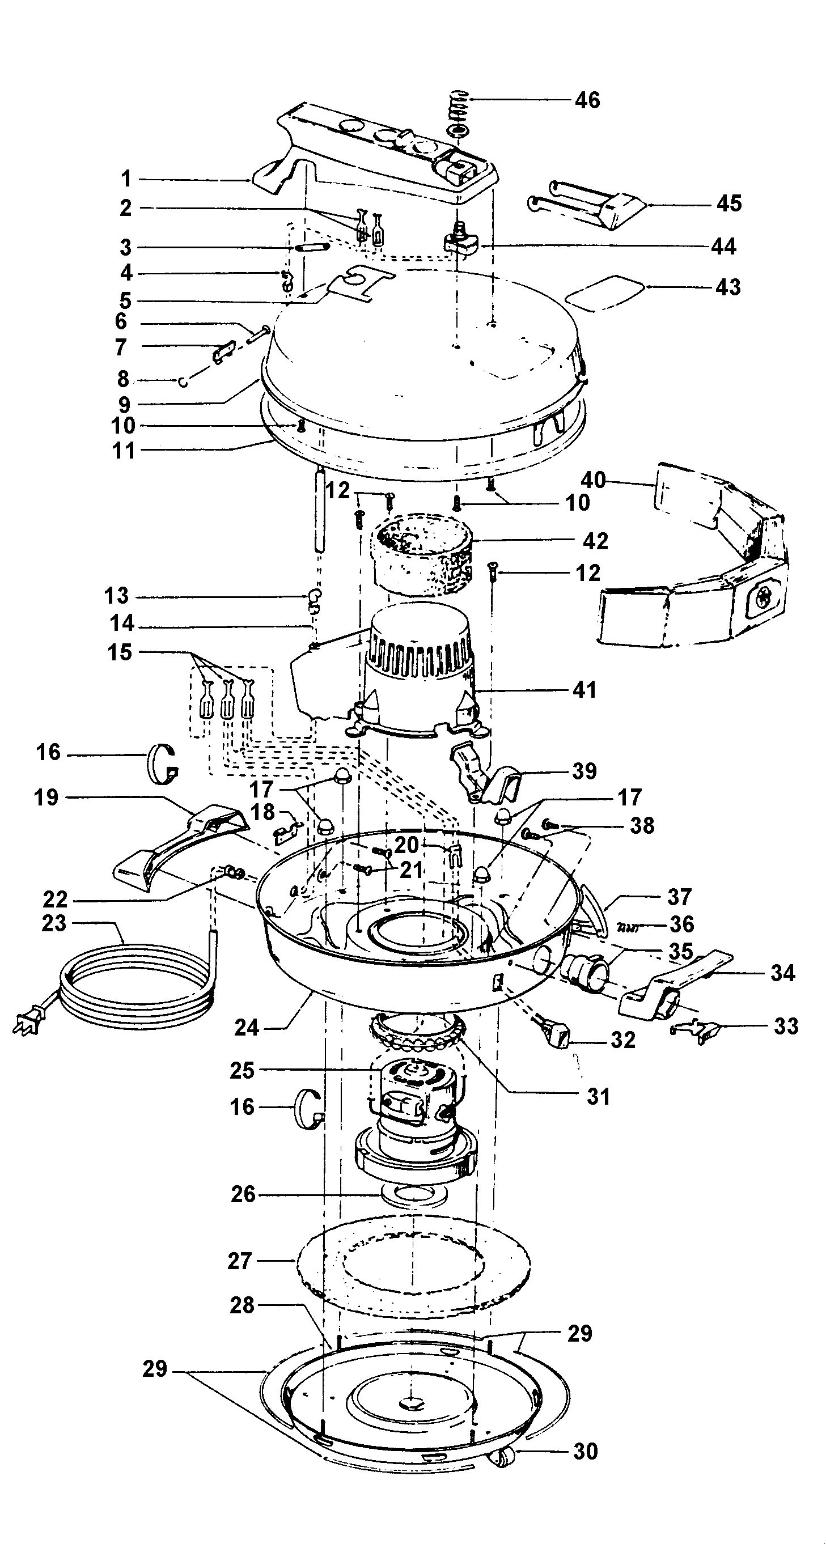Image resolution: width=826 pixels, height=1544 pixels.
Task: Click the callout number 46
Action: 587,100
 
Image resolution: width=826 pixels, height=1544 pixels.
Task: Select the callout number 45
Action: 729,204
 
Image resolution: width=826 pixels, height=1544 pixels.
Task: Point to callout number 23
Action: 54,924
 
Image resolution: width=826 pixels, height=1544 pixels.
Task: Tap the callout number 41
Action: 584,690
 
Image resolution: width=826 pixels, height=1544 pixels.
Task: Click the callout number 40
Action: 594,480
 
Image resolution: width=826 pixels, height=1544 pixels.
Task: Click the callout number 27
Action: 239,1261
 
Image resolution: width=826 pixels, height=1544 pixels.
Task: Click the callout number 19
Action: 46,798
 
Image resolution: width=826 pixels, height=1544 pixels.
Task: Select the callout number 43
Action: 728,287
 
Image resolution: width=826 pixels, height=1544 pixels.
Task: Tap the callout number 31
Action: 598,1097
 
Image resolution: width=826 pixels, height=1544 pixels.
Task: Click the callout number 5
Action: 125,300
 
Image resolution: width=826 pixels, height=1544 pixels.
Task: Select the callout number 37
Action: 679,897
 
